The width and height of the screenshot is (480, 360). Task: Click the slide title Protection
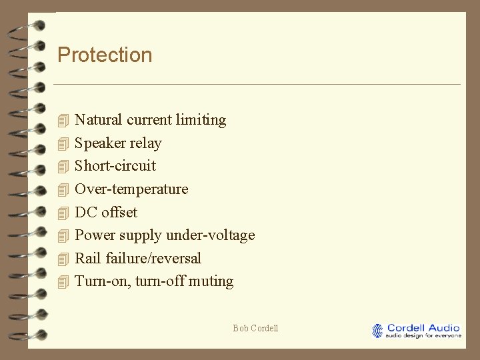105,55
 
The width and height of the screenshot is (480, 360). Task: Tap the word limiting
201,120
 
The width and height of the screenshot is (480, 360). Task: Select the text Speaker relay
118,143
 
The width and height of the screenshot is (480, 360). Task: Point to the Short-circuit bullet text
115,166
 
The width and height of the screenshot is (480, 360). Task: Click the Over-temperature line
131,189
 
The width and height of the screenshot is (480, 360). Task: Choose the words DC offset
106,213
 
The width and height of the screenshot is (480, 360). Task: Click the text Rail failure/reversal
138,259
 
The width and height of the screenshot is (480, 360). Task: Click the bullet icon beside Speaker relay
63,143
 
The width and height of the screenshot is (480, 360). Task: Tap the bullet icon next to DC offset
63,213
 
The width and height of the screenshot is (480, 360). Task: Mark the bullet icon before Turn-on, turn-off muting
63,281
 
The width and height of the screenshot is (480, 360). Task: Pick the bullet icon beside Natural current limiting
63,121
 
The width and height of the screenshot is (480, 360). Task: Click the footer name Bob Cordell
255,328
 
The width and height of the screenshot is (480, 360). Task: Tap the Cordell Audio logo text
423,327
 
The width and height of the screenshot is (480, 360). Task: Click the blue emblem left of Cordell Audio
378,331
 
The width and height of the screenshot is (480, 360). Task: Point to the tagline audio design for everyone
423,335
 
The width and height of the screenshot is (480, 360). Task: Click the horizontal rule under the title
257,84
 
